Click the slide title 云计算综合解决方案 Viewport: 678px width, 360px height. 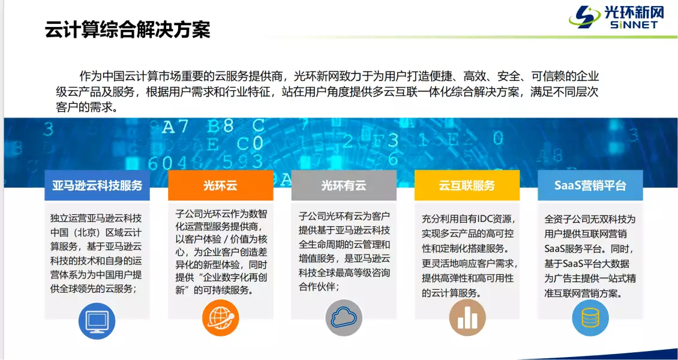[128, 29]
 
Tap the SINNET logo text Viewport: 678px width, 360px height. [634, 25]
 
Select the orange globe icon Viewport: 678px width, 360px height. [220, 317]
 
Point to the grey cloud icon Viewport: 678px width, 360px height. [343, 317]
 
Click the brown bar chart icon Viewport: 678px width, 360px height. [467, 317]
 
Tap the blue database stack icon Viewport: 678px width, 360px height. [590, 317]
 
